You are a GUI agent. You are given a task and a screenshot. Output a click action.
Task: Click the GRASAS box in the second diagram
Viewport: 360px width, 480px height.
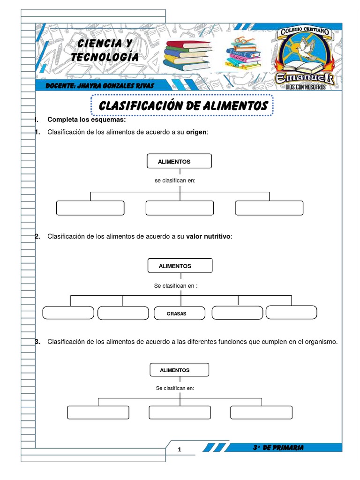pyautogui.click(x=180, y=313)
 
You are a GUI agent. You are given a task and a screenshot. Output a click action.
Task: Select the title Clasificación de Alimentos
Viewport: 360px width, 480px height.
pyautogui.click(x=183, y=106)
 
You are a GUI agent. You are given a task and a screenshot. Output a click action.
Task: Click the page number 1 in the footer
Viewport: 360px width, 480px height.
pyautogui.click(x=179, y=450)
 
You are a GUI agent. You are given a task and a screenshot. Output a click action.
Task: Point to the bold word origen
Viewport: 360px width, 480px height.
pyautogui.click(x=196, y=132)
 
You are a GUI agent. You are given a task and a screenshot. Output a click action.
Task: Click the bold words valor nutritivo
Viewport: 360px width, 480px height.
pyautogui.click(x=208, y=236)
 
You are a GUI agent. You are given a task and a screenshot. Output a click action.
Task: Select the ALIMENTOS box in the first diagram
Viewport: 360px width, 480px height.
pyautogui.click(x=180, y=161)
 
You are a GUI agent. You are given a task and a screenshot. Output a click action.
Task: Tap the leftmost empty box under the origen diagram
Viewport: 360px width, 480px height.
pyautogui.click(x=90, y=208)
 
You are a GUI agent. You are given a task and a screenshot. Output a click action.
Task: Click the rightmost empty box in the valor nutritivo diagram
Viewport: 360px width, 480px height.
pyautogui.click(x=292, y=312)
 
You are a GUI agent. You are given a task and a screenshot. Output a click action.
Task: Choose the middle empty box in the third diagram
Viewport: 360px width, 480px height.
pyautogui.click(x=180, y=412)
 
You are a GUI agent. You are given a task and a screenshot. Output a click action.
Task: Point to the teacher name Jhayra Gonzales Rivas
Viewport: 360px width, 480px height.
pyautogui.click(x=100, y=86)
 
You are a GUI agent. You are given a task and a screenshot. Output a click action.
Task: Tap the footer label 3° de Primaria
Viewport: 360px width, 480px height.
pyautogui.click(x=277, y=448)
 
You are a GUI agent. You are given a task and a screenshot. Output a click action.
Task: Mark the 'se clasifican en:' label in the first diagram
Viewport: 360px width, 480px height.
pyautogui.click(x=174, y=180)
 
